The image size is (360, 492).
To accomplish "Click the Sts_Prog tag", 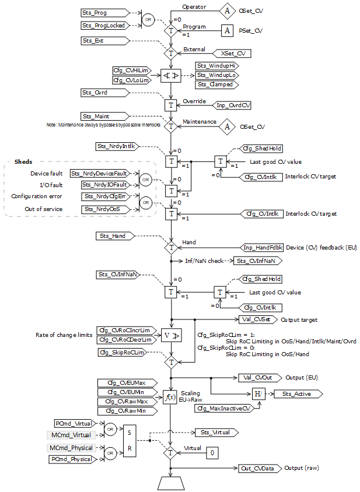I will [101, 12].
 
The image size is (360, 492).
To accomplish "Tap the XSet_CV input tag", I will [233, 54].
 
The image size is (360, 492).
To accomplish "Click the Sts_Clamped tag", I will [216, 85].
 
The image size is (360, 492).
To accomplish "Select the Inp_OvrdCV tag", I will [233, 106].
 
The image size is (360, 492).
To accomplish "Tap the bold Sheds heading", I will [23, 161].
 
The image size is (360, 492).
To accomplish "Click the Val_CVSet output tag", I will [256, 319].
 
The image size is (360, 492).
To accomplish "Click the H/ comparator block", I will [258, 394].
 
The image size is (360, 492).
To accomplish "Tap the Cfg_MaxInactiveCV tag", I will [220, 409].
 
